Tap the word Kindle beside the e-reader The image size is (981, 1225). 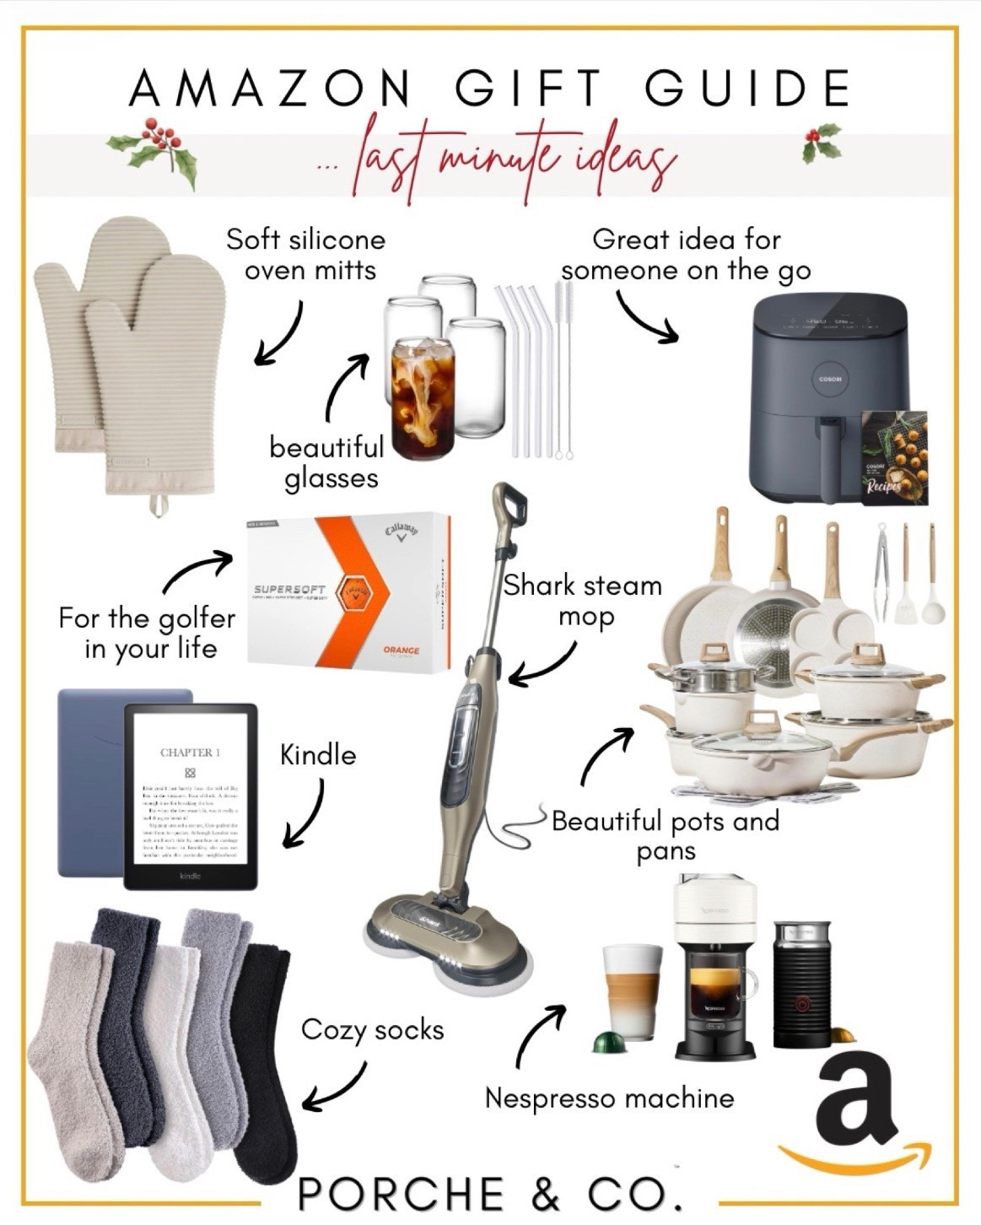pyautogui.click(x=317, y=754)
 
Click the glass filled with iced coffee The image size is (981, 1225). pyautogui.click(x=423, y=399)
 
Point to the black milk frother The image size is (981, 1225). pyautogui.click(x=800, y=983)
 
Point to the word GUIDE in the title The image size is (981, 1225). pyautogui.click(x=747, y=87)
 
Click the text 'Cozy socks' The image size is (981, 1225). pyautogui.click(x=372, y=1030)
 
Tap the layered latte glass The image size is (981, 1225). pyautogui.click(x=631, y=991)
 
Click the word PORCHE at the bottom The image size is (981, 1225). pyautogui.click(x=402, y=1195)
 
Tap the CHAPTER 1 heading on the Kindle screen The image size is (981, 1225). pyautogui.click(x=190, y=753)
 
